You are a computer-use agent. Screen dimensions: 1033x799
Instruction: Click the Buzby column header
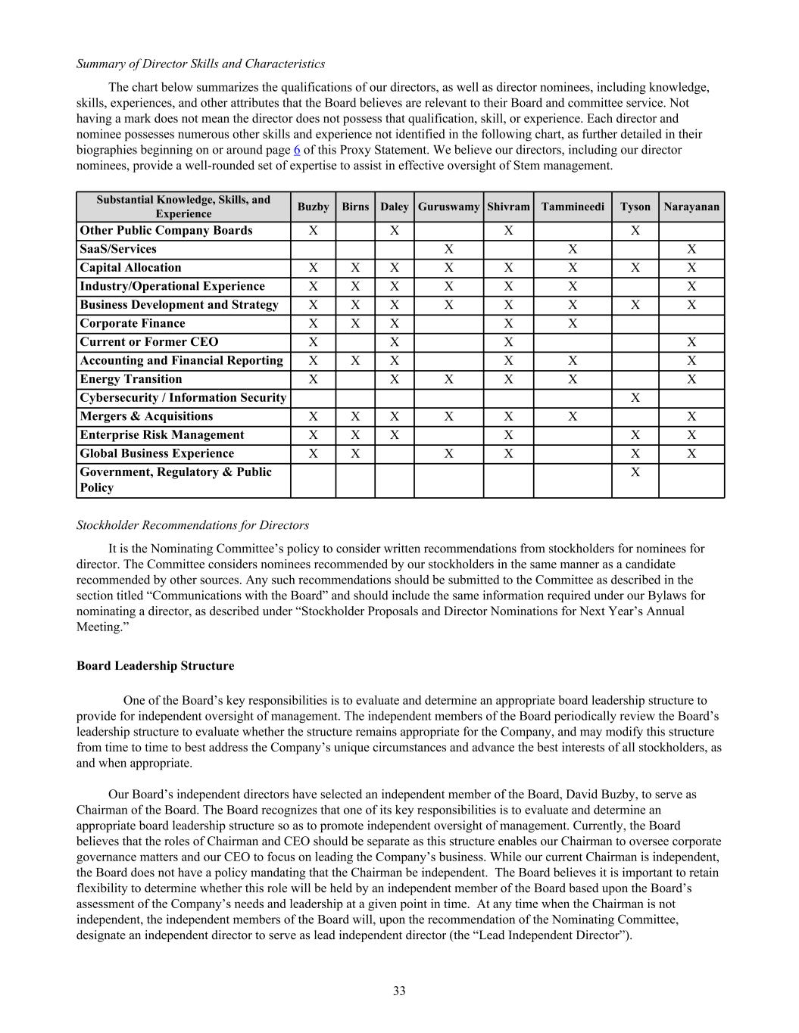313,207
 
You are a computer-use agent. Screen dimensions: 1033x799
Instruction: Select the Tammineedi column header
573,207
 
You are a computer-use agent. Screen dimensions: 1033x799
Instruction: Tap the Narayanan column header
691,207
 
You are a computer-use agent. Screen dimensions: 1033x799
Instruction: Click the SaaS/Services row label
118,249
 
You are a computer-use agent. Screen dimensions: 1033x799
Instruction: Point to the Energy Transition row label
131,379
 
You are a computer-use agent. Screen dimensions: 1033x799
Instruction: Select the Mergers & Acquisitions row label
146,416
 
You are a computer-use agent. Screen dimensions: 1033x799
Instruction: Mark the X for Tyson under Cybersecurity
635,398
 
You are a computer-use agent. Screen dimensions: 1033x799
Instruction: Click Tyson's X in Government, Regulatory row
635,472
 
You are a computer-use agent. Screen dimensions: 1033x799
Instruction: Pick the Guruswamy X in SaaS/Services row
448,249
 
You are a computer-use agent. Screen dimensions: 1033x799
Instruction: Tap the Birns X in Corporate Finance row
355,324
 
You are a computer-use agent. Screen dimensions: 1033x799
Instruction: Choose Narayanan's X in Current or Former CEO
691,342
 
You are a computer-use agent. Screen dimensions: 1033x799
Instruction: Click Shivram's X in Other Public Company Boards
508,231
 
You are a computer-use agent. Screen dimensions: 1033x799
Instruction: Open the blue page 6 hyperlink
297,150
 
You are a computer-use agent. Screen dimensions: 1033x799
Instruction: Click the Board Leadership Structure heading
155,666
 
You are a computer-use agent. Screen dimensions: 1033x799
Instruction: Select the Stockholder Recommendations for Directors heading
192,525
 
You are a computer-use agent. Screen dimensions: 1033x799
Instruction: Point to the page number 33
399,991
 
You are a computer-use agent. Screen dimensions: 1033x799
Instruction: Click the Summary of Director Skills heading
201,64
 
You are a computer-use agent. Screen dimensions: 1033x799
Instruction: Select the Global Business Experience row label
157,453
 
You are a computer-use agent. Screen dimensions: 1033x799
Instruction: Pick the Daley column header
395,207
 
